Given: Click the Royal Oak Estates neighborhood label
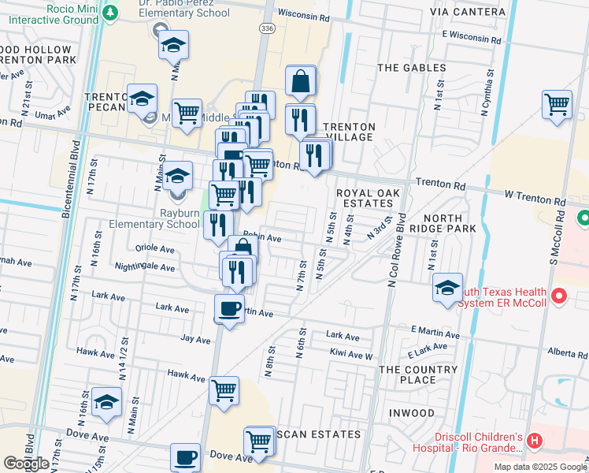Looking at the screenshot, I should click(368, 199).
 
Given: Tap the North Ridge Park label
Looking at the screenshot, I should click(450, 223).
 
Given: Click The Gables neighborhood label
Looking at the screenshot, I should click(412, 68).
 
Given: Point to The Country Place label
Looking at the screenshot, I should click(418, 374).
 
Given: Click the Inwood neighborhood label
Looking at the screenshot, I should click(406, 412).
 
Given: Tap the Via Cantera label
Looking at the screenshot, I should click(479, 12).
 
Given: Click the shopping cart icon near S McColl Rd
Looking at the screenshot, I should click(557, 104).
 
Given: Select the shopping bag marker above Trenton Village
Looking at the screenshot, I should click(301, 80).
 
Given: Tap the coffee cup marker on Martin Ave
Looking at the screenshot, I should click(229, 308).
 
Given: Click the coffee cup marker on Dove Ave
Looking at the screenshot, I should click(186, 458).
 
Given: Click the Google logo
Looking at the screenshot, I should click(27, 464).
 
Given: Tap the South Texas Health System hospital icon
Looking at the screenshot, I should click(559, 296).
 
